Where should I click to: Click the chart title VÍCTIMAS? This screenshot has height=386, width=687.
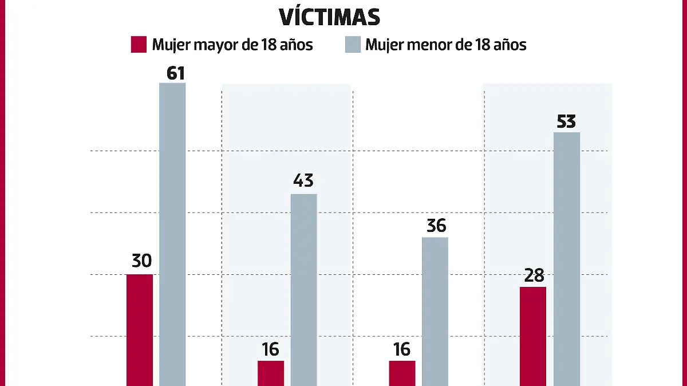[x=330, y=17]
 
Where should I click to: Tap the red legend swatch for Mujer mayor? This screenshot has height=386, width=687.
[x=139, y=45]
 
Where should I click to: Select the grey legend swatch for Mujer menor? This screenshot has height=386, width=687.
[x=353, y=45]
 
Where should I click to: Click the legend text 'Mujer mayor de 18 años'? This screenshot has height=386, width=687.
[x=232, y=45]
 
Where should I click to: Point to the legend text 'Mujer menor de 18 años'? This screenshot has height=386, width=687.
[x=445, y=45]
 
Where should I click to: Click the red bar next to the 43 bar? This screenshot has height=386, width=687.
[x=271, y=373]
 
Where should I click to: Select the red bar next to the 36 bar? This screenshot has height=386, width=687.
[x=402, y=373]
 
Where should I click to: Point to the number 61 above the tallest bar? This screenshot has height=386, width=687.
[x=172, y=73]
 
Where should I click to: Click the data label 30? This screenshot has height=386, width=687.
[x=141, y=261]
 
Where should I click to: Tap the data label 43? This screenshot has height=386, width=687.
[x=303, y=181]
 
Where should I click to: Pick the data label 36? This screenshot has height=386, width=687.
[x=436, y=226]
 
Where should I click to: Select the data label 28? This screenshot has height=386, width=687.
[x=534, y=275]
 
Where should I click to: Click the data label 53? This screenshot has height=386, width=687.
[x=566, y=122]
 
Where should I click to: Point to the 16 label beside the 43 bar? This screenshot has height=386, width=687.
[x=270, y=349]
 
